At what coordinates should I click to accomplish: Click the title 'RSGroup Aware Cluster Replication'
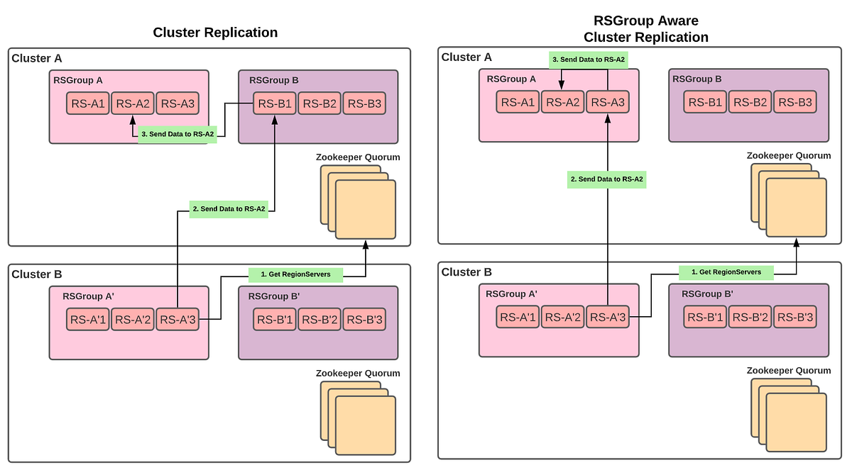pyautogui.click(x=645, y=30)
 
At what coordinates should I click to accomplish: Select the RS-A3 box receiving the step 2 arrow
pyautogui.click(x=608, y=102)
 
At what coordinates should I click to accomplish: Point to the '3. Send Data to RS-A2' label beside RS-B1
pyautogui.click(x=177, y=134)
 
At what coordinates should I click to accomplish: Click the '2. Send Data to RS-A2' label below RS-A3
pyautogui.click(x=607, y=179)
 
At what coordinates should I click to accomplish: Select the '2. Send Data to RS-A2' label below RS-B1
pyautogui.click(x=229, y=209)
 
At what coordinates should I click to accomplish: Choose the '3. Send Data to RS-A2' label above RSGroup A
pyautogui.click(x=589, y=60)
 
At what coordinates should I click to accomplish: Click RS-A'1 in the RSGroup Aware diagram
pyautogui.click(x=518, y=318)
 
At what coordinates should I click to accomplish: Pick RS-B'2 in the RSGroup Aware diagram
pyautogui.click(x=750, y=318)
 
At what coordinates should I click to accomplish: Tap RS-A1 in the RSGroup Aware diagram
pyautogui.click(x=518, y=102)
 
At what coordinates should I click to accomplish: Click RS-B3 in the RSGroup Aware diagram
pyautogui.click(x=794, y=102)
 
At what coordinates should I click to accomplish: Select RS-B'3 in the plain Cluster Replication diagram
pyautogui.click(x=364, y=320)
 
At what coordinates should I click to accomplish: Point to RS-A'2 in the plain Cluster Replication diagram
pyautogui.click(x=131, y=320)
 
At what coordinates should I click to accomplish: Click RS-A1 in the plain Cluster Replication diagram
pyautogui.click(x=87, y=104)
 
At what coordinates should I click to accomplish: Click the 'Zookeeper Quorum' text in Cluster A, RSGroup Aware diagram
pyautogui.click(x=788, y=156)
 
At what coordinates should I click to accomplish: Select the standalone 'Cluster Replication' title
pyautogui.click(x=215, y=33)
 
